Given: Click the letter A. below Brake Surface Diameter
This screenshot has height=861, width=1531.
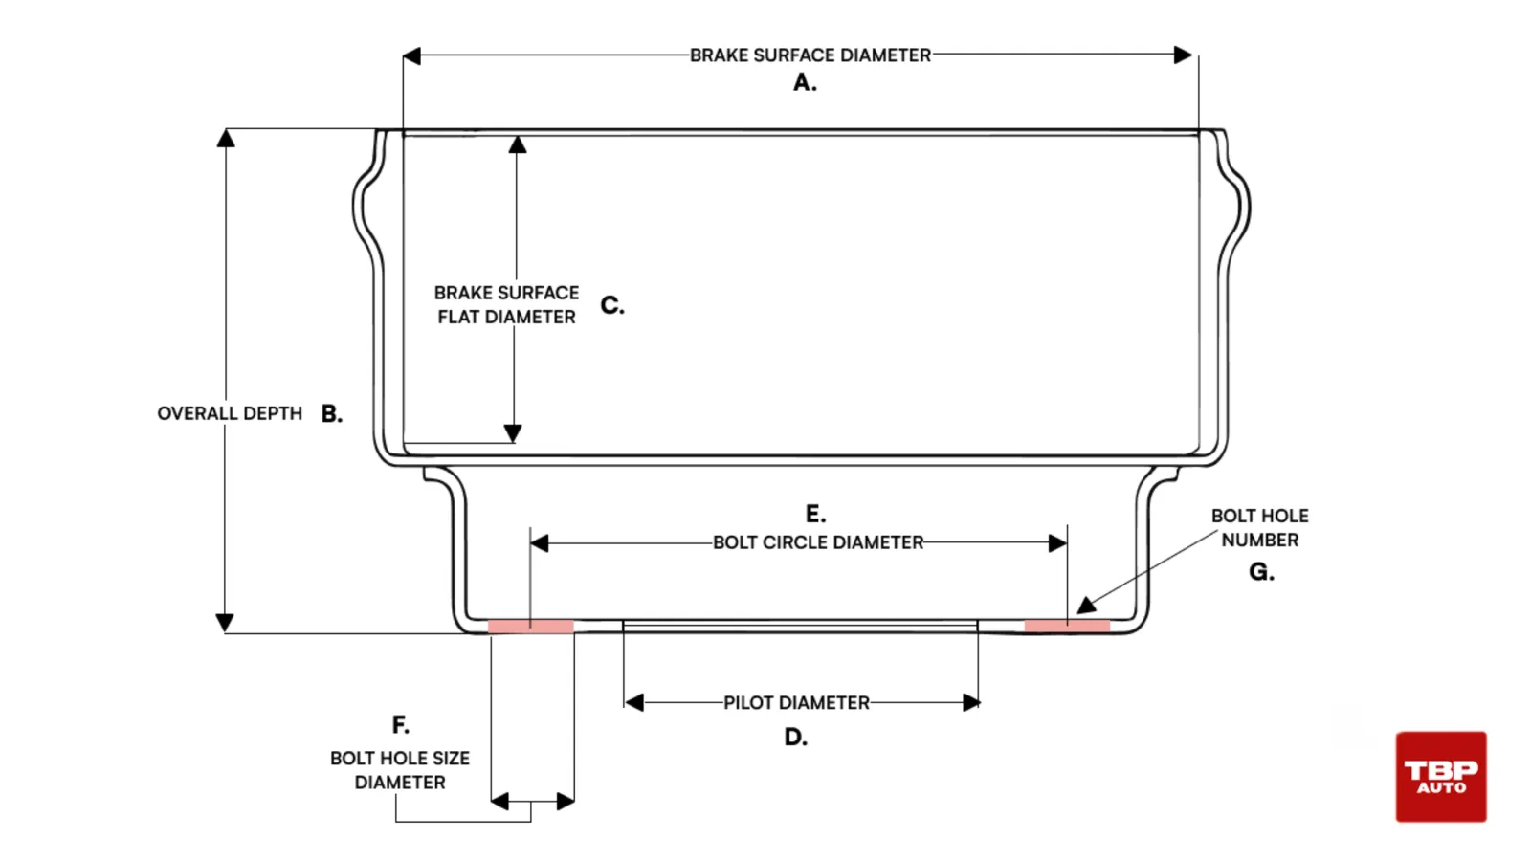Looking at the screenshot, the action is coord(805,82).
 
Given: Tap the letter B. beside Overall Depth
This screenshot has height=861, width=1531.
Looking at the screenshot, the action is coord(331,413).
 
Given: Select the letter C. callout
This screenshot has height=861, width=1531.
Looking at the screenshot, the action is coord(612,305).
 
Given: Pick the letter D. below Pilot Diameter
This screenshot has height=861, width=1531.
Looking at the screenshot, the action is coord(795,738).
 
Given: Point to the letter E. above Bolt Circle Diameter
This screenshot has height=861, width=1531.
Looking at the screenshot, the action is coord(815,513).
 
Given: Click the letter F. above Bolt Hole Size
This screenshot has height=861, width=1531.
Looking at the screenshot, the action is coord(401,724).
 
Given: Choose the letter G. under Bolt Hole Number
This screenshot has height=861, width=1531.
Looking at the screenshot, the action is coord(1261,571).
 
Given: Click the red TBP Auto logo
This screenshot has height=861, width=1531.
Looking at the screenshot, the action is coord(1441,776).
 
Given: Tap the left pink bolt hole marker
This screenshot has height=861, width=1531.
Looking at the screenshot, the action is coord(530,627).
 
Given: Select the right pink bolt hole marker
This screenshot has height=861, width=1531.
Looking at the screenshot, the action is coord(1067,626).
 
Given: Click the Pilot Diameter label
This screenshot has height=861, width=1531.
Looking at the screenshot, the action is coord(796,702).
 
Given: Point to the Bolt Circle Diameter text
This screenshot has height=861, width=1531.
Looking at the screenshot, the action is coord(818,542).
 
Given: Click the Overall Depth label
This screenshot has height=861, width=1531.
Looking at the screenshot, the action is coord(230,413).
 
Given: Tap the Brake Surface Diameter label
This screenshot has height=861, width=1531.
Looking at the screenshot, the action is coord(810,55).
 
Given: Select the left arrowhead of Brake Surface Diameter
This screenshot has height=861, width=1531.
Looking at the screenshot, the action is coord(411,56).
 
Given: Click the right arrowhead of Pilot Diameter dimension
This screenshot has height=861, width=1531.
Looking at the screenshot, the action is coord(971,702).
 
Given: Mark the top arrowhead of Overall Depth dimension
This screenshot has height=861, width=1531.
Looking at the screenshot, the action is coord(226,138).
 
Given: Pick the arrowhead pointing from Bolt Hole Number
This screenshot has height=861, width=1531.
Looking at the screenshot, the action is coord(1086,605).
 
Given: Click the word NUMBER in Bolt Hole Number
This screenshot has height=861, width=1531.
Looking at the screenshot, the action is coord(1259,540).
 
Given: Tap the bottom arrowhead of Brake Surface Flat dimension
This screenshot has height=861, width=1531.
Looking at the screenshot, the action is coord(513,432).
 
